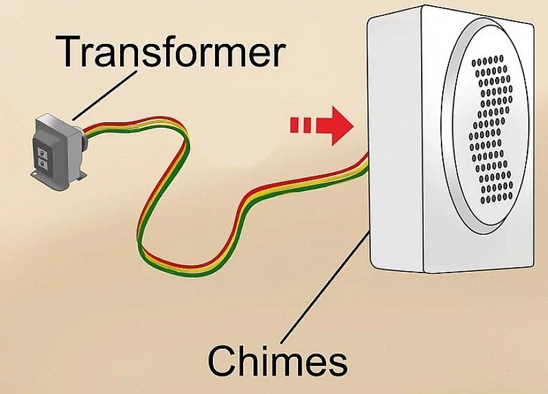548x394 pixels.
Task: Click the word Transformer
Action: (170, 52)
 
